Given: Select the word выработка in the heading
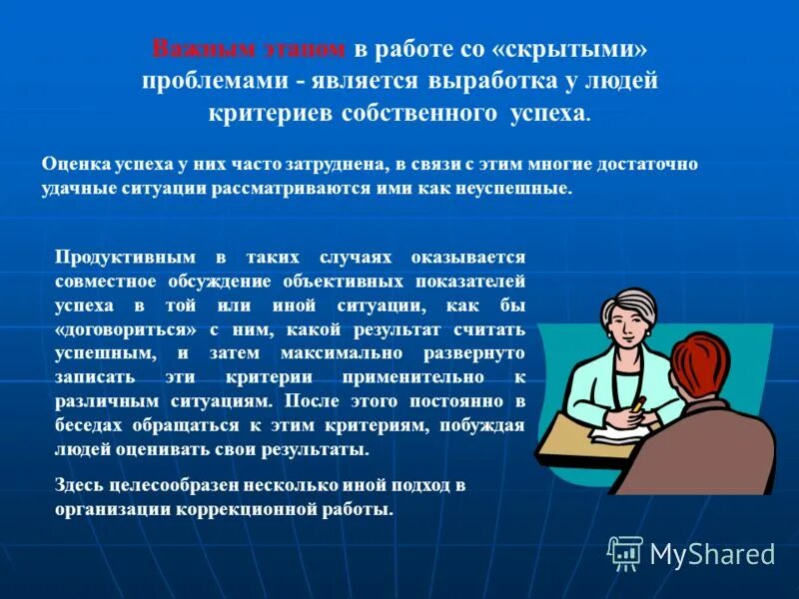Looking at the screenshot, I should pos(493,81).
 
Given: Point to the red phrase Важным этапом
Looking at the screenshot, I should pos(249,49).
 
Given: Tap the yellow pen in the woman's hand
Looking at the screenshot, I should pos(636,403).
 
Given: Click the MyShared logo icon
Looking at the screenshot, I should pos(625,552).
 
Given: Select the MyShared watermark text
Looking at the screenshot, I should pos(712,553).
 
